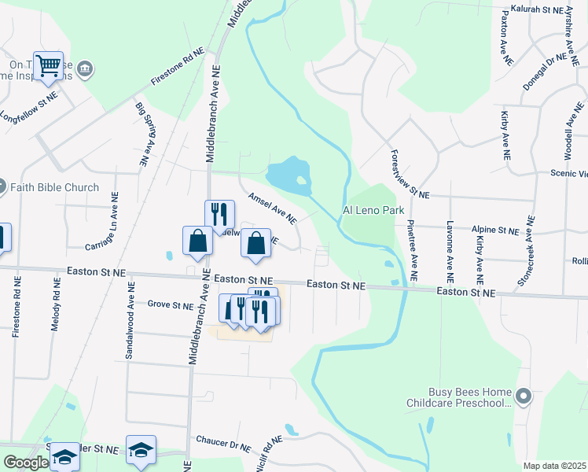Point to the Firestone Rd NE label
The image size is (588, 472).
click(178, 68)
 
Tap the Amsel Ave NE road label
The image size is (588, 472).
click(272, 205)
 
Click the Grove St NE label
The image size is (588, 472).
click(170, 304)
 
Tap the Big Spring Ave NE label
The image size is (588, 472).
click(142, 134)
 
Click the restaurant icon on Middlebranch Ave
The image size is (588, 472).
click(219, 214)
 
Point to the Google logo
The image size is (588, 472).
click(25, 463)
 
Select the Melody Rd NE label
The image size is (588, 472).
click(56, 303)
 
